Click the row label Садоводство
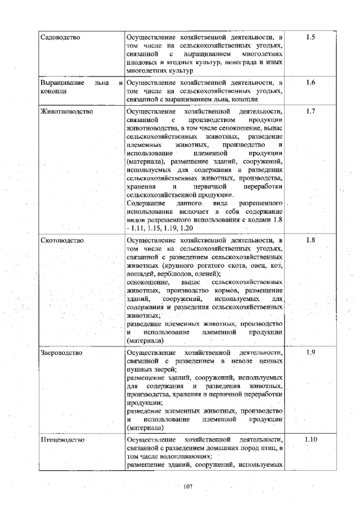(x=61, y=37)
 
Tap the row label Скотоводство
(x=62, y=240)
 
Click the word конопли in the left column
(x=53, y=91)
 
